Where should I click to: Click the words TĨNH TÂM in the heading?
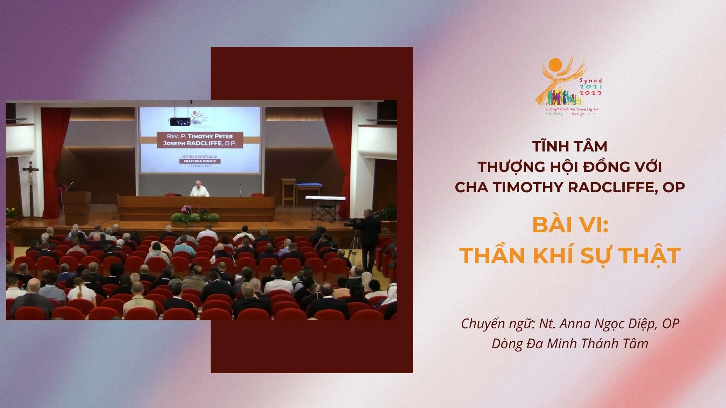(569, 146)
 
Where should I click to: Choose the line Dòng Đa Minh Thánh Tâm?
(569, 343)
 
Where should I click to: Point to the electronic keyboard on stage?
(326, 198)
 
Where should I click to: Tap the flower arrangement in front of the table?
(195, 215)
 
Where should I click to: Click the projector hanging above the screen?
(179, 121)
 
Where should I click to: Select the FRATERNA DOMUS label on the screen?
(200, 161)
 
